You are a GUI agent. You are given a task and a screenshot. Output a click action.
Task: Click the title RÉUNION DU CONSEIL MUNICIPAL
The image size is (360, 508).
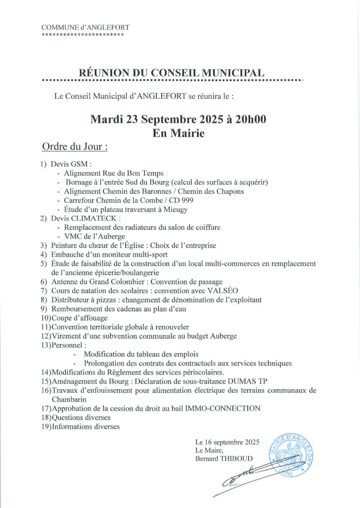click(x=171, y=72)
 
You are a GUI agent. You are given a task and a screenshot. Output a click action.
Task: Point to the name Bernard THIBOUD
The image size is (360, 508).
click(x=224, y=459)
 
